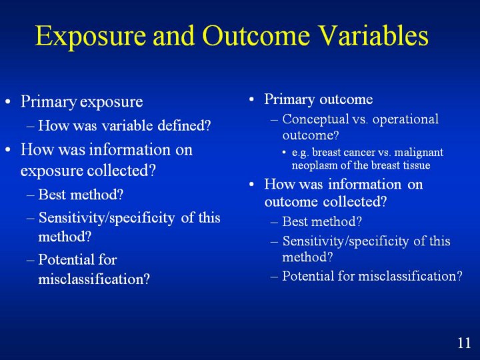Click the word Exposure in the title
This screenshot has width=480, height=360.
click(90, 36)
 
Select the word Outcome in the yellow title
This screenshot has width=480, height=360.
click(256, 35)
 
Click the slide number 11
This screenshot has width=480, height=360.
click(464, 343)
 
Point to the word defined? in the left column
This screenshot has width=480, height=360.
click(184, 125)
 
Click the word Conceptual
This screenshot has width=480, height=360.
click(315, 119)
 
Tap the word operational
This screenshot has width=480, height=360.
click(405, 119)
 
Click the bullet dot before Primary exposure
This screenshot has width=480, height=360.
click(8, 101)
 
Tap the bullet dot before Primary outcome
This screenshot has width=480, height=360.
click(251, 99)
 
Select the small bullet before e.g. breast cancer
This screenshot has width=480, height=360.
click(285, 152)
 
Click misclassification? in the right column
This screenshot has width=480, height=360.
click(410, 276)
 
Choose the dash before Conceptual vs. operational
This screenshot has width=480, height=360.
click(274, 119)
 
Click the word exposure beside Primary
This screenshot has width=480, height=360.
click(111, 103)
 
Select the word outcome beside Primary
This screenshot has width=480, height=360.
click(346, 99)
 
